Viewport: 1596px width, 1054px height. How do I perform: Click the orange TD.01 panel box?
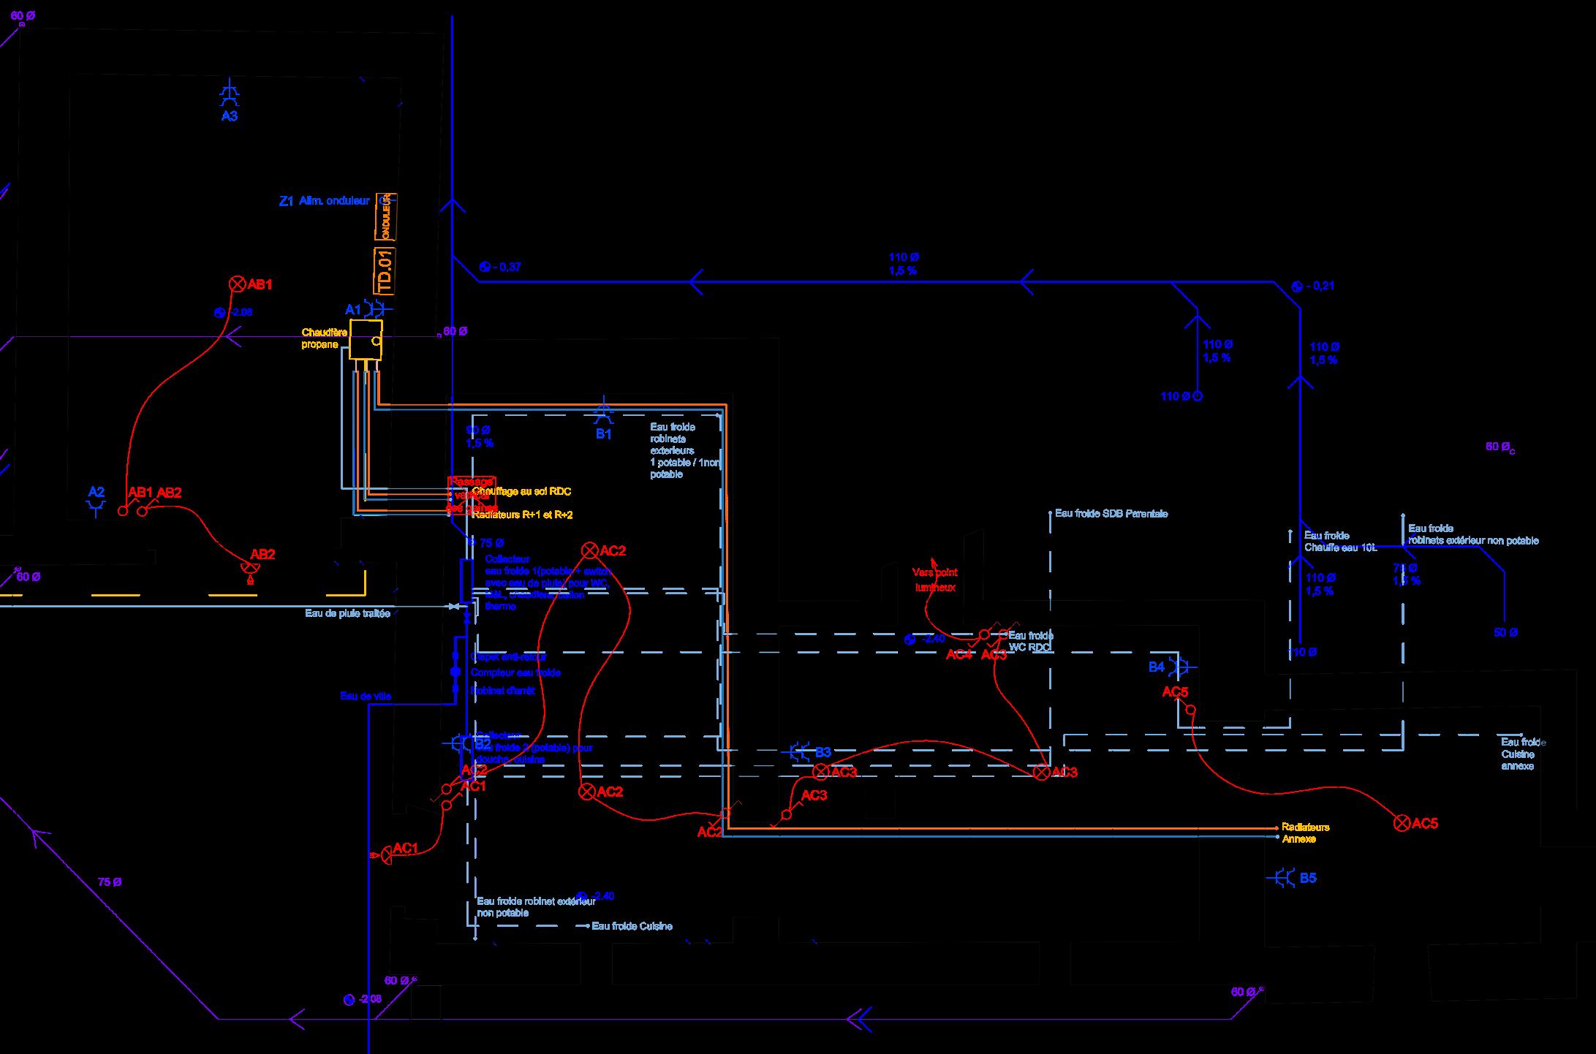tap(385, 271)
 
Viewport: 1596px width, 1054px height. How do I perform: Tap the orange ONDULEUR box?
tap(385, 216)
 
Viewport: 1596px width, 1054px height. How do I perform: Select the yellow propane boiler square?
tap(366, 338)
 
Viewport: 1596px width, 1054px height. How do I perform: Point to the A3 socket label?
tap(230, 116)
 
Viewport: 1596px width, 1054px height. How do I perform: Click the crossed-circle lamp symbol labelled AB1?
tap(237, 284)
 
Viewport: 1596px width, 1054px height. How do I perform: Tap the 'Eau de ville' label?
tap(366, 697)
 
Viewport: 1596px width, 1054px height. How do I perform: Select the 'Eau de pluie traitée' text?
tap(347, 613)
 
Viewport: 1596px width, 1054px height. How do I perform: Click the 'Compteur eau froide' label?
tap(516, 672)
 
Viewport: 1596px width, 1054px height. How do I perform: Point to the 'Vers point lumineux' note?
tap(935, 580)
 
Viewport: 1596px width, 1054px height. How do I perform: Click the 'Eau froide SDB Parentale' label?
tap(1111, 514)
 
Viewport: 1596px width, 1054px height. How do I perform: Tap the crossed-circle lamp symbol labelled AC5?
tap(1402, 824)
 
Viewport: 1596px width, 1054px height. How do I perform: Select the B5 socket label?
tap(1308, 878)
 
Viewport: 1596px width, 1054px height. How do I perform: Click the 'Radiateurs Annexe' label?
tap(1306, 833)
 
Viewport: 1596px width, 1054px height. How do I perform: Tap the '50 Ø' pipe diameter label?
tap(1505, 632)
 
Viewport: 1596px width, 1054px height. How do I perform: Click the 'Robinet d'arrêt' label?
tap(503, 691)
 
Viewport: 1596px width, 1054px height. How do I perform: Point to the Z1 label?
tap(286, 201)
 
